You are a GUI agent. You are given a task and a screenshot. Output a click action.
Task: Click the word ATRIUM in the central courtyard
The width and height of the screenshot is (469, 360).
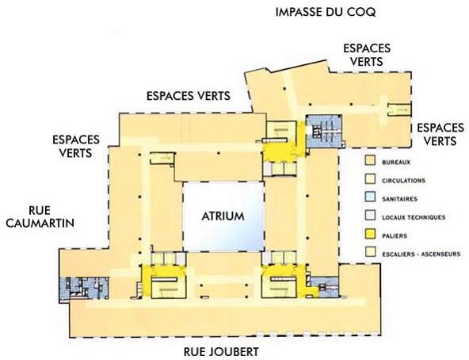222,216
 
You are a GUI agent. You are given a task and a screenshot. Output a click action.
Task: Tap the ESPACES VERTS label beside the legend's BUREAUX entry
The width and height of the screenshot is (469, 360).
439,134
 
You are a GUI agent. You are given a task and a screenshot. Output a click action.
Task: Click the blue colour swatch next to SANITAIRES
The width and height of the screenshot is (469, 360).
368,198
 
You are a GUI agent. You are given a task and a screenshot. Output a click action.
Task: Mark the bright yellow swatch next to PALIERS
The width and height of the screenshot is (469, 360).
368,236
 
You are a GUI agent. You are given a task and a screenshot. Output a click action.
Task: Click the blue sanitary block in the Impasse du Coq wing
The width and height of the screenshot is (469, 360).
326,129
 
